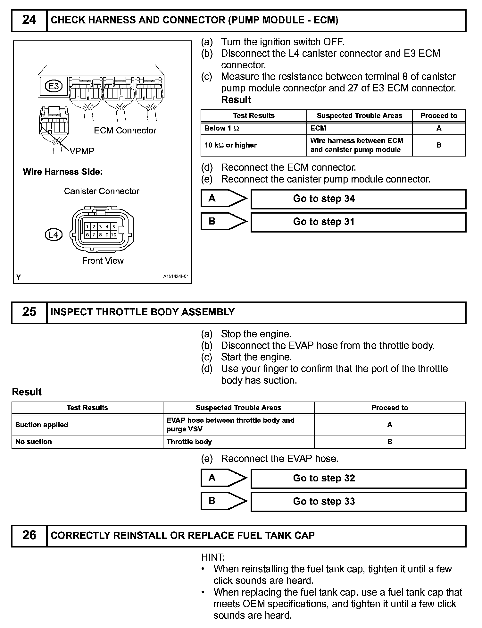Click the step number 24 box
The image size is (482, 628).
coord(29,20)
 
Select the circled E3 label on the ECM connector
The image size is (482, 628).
coord(54,86)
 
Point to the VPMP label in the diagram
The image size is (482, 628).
coord(82,151)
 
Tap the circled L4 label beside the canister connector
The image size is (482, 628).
coord(54,235)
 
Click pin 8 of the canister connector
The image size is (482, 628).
coord(100,234)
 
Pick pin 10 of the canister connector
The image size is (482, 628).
coord(114,234)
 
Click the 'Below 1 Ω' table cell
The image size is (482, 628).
coord(253,128)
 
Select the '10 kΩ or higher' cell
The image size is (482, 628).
coord(253,145)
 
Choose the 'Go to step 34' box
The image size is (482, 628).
coord(358,199)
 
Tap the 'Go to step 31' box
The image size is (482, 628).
coord(358,222)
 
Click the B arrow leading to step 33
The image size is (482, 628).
coord(224,501)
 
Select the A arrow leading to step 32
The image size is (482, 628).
coord(224,478)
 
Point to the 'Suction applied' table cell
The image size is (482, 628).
coord(87,425)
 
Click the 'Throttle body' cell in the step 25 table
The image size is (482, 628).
coord(238,442)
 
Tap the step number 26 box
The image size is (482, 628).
coord(29,535)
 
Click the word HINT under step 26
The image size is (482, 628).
coord(213,557)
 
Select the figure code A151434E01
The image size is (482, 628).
coord(176,276)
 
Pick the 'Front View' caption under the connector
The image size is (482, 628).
coord(103,261)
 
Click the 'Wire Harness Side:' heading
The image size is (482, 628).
coord(63,172)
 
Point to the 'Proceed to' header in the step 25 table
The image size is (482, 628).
coord(389,408)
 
